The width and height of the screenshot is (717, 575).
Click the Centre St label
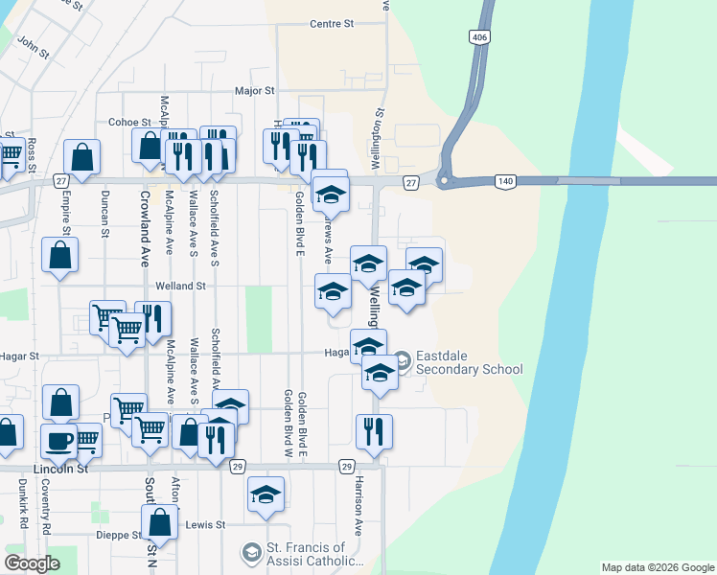332,23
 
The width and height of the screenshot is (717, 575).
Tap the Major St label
256,91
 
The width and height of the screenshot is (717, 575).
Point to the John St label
33,44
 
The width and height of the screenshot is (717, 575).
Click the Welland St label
181,286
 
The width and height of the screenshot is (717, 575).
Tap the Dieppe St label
118,535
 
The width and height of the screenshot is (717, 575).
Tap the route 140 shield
505,181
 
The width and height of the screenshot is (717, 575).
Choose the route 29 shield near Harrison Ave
346,466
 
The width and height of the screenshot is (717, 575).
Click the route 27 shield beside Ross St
61,180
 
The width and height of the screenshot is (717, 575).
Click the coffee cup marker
59,441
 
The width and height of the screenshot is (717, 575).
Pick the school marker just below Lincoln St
266,494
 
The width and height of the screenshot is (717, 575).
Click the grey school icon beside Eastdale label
402,360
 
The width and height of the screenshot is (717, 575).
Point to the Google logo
33,563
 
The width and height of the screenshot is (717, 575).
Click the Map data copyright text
657,567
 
